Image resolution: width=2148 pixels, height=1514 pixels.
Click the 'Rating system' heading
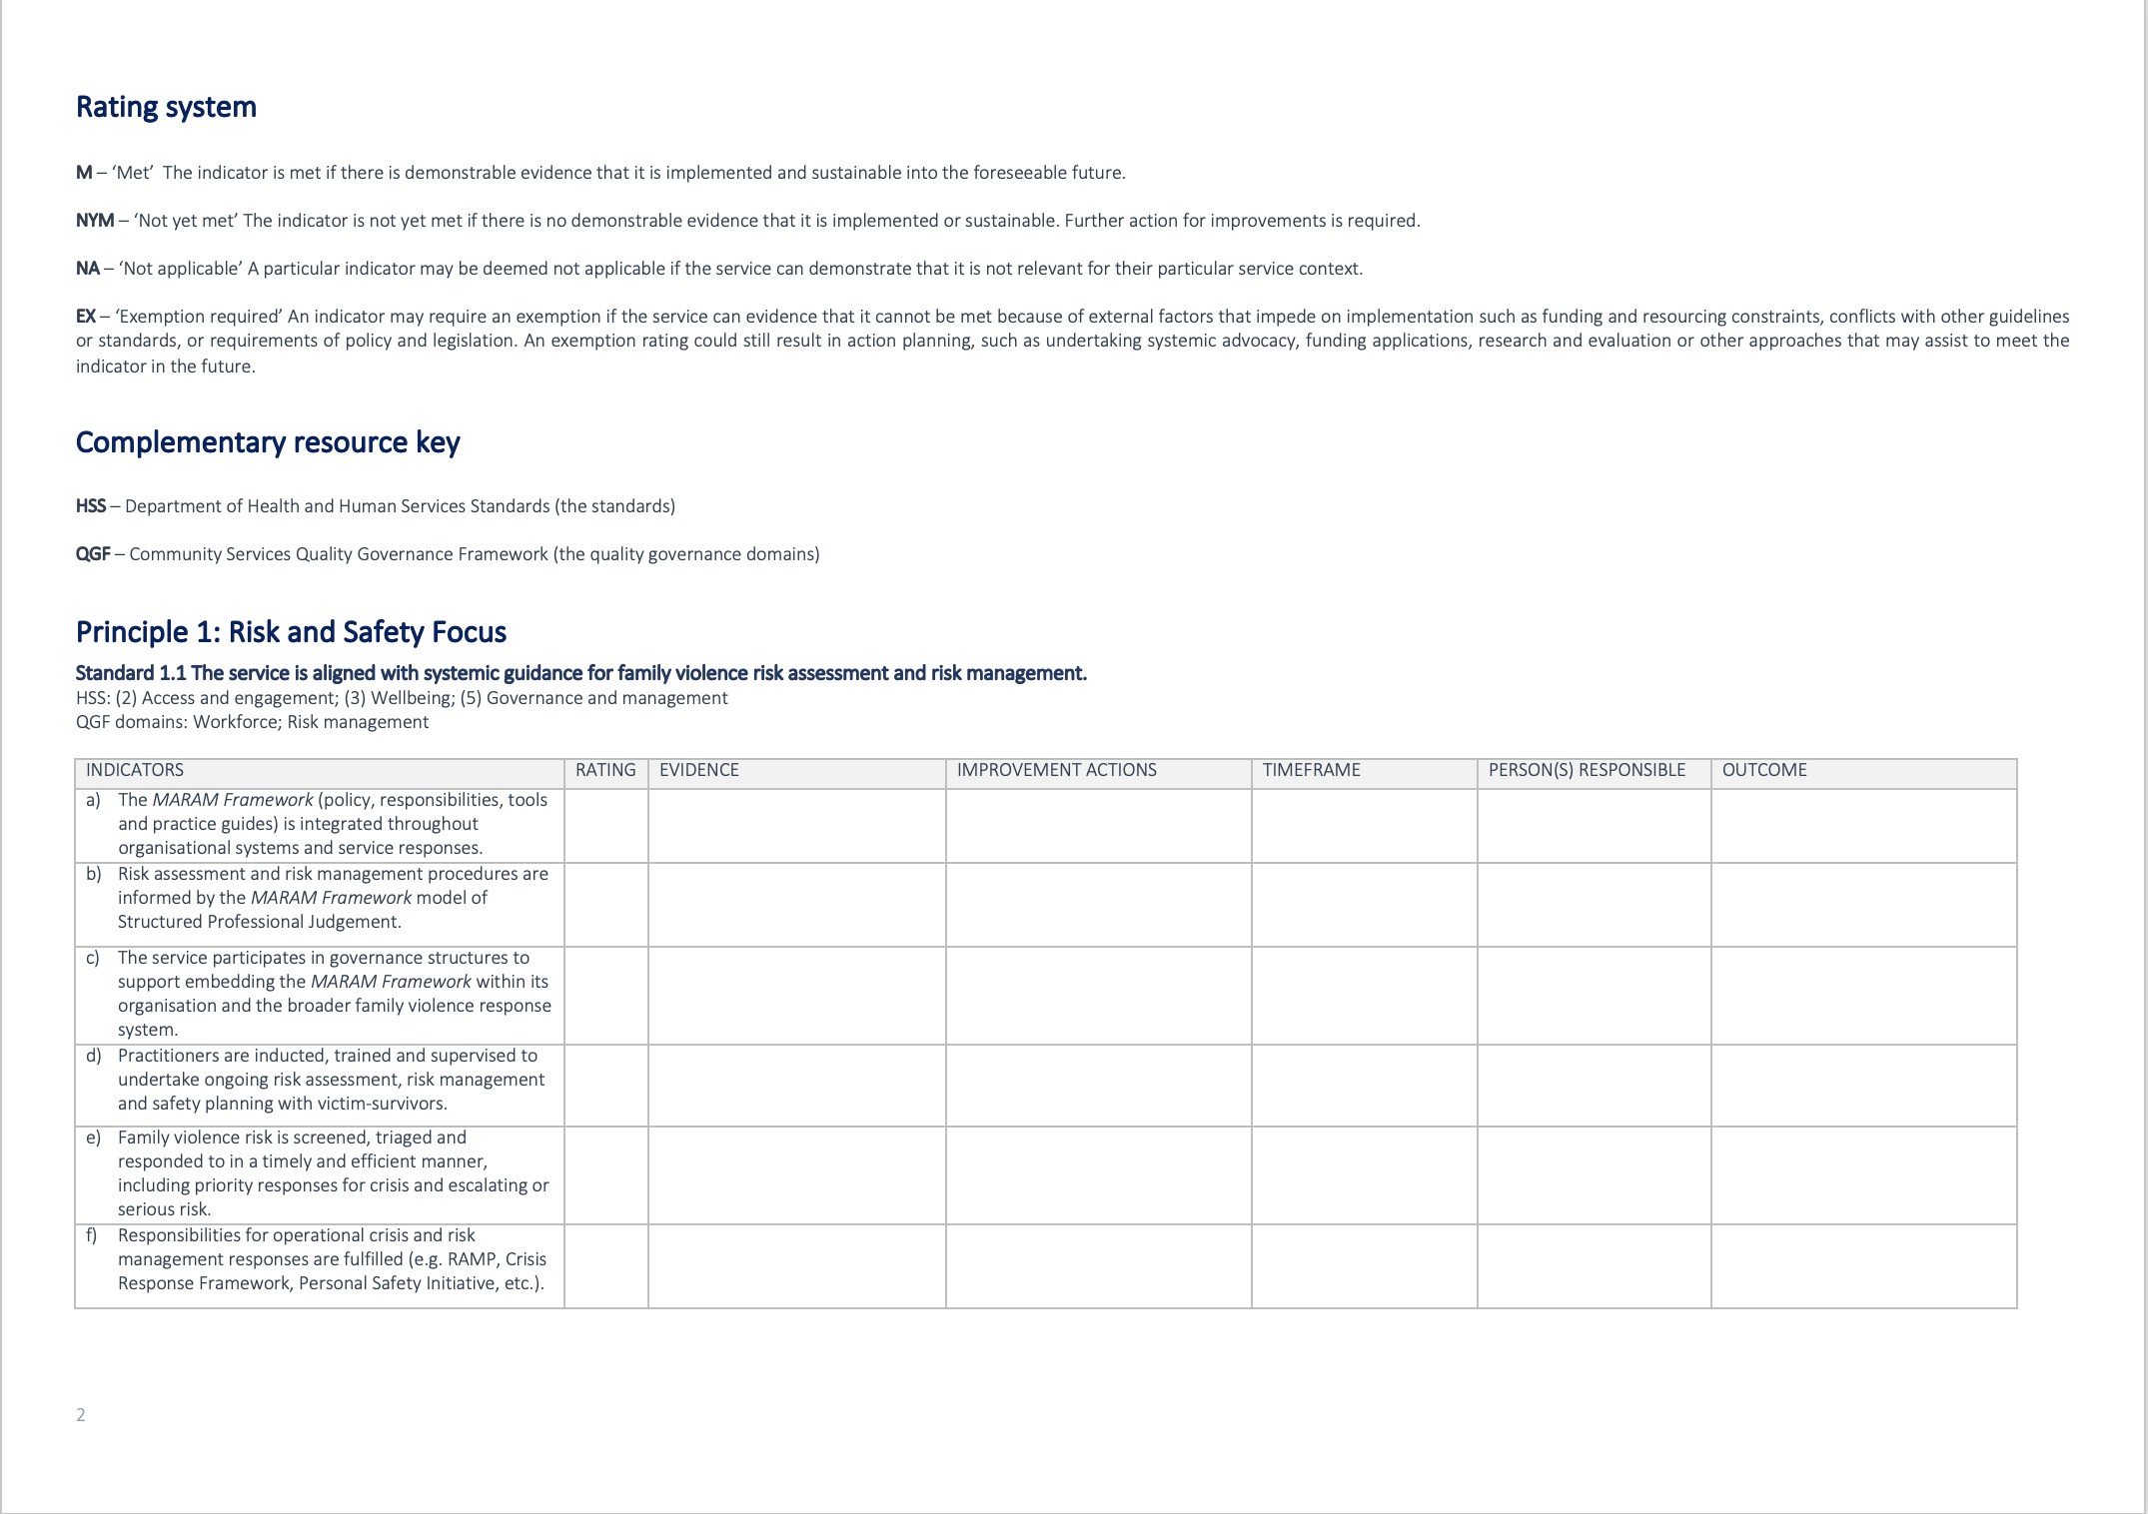pos(166,107)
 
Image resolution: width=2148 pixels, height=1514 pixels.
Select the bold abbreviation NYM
pos(95,221)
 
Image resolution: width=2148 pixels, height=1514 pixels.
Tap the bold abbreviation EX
pos(86,317)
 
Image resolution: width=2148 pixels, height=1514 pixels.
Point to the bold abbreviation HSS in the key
pos(91,506)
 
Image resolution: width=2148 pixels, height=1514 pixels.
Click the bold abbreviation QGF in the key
pos(93,554)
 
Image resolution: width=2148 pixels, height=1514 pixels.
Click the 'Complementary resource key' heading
pos(268,442)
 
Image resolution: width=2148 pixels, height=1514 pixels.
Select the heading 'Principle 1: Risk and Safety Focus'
pos(291,632)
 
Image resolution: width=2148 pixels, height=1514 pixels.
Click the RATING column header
pos(605,770)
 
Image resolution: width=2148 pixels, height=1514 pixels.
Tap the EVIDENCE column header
pos(699,770)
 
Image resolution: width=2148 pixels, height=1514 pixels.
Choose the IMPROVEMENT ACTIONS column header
pos(1056,770)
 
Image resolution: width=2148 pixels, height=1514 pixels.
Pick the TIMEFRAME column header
pos(1311,770)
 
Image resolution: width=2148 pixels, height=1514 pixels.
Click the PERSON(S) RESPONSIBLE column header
pos(1587,770)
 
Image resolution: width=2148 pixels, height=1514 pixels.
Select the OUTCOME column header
pos(1764,770)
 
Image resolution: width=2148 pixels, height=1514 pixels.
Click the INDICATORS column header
pos(135,770)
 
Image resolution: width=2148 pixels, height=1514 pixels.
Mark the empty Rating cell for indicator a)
pos(605,826)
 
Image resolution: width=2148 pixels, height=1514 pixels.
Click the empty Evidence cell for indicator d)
pos(796,1086)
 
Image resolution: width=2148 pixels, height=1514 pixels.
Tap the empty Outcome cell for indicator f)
pos(1863,1265)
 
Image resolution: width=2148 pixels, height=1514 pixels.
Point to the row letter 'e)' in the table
pos(94,1137)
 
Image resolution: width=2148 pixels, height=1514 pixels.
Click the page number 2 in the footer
pos(81,1414)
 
